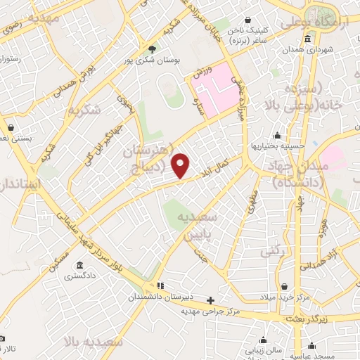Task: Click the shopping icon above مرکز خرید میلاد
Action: pyautogui.click(x=283, y=287)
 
